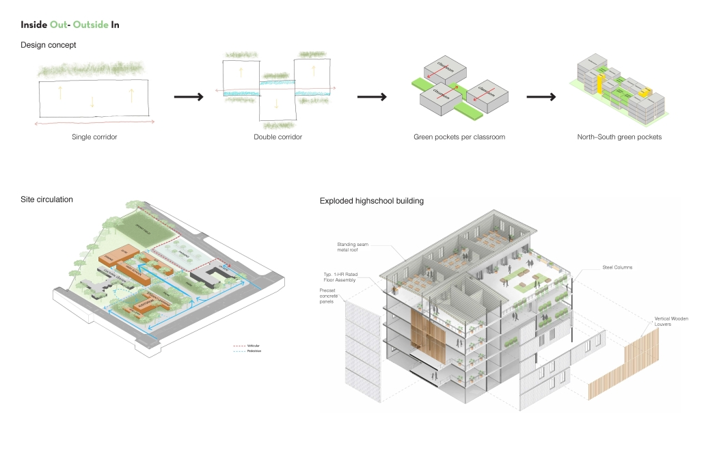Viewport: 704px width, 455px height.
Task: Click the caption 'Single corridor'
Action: coord(94,137)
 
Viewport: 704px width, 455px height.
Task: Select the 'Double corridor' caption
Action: coord(277,137)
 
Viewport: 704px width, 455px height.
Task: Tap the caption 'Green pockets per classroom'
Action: coord(459,137)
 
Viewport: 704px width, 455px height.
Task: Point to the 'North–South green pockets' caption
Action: coord(619,137)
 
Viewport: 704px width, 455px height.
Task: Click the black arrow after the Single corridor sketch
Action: coord(189,97)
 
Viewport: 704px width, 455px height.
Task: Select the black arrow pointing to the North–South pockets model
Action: coord(540,97)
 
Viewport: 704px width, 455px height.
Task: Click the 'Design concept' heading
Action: coord(48,45)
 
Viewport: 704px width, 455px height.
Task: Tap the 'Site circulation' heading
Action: coord(46,199)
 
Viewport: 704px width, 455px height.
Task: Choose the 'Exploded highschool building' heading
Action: coord(372,201)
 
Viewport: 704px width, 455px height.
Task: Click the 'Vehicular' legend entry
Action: coord(253,346)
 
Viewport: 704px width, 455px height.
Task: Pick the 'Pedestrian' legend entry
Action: coord(254,351)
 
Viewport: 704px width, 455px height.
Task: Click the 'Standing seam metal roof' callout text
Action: coord(351,247)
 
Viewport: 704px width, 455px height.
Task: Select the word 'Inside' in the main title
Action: coord(33,25)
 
